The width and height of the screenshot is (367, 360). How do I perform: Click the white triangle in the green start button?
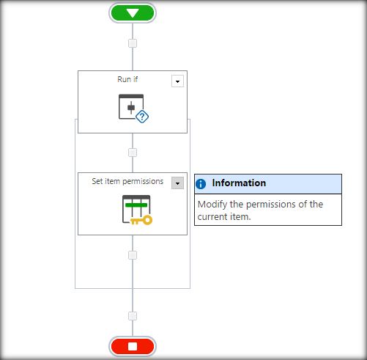(x=133, y=13)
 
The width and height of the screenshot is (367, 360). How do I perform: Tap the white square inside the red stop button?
(x=133, y=346)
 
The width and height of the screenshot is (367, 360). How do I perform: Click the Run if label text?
(x=127, y=79)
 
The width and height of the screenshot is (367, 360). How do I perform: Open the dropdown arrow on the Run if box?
(x=177, y=81)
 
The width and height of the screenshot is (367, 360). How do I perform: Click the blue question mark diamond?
(x=142, y=117)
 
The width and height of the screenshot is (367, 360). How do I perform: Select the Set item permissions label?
(x=127, y=181)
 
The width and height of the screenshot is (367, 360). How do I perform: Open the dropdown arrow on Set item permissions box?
(x=177, y=183)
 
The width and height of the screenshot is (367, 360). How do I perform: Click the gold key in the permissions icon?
(x=141, y=220)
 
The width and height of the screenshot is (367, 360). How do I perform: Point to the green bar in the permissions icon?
(x=136, y=205)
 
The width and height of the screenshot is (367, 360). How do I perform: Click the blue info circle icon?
(x=201, y=184)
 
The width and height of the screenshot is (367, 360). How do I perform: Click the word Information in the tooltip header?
(x=239, y=183)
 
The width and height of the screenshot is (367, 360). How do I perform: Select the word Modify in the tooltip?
(x=212, y=205)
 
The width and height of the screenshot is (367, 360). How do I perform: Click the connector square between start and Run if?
(x=133, y=43)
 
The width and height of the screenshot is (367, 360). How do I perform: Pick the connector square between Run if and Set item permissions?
(x=133, y=153)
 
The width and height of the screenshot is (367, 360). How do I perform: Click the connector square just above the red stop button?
(x=133, y=316)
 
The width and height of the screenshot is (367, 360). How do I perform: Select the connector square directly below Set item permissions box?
(x=133, y=255)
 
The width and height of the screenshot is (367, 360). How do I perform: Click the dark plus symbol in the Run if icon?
(x=131, y=108)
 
